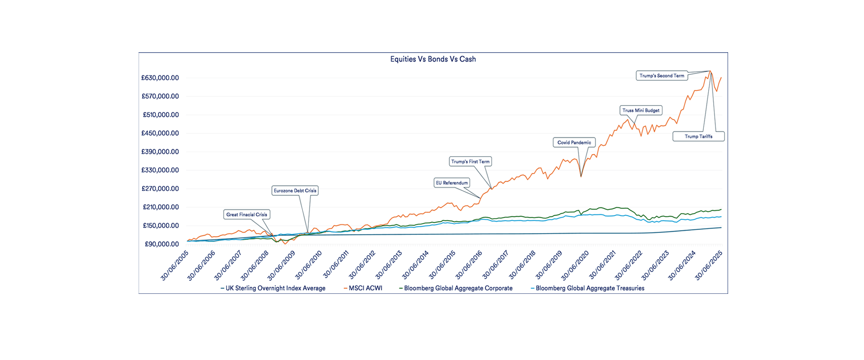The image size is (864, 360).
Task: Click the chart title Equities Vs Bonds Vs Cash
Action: tap(433, 59)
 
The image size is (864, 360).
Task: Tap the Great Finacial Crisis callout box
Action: tap(247, 215)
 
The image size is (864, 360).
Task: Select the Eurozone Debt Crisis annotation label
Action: tap(295, 191)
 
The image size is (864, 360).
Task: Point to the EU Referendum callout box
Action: tap(452, 183)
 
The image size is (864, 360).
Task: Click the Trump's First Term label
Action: tap(470, 162)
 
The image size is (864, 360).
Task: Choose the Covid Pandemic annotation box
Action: tap(574, 143)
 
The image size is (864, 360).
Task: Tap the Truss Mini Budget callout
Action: tap(641, 110)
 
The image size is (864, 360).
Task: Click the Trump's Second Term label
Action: tap(661, 76)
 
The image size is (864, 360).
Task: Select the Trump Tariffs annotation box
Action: tap(698, 136)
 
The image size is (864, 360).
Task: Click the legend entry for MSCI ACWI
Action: tap(365, 288)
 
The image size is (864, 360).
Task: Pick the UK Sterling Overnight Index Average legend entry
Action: tap(275, 288)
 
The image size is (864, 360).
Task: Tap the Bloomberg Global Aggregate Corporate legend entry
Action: tap(458, 288)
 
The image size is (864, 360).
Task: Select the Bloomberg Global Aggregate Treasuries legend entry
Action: tap(589, 288)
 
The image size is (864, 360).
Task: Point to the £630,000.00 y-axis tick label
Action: tap(160, 78)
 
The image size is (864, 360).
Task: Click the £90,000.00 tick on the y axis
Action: tap(162, 244)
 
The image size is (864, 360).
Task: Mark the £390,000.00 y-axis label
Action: tap(160, 152)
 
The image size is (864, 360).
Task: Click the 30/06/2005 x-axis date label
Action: tap(175, 265)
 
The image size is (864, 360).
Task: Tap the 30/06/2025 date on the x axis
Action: tap(709, 265)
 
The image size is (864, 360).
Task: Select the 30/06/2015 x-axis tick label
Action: tap(442, 265)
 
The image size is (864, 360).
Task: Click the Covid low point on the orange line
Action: tap(581, 176)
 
